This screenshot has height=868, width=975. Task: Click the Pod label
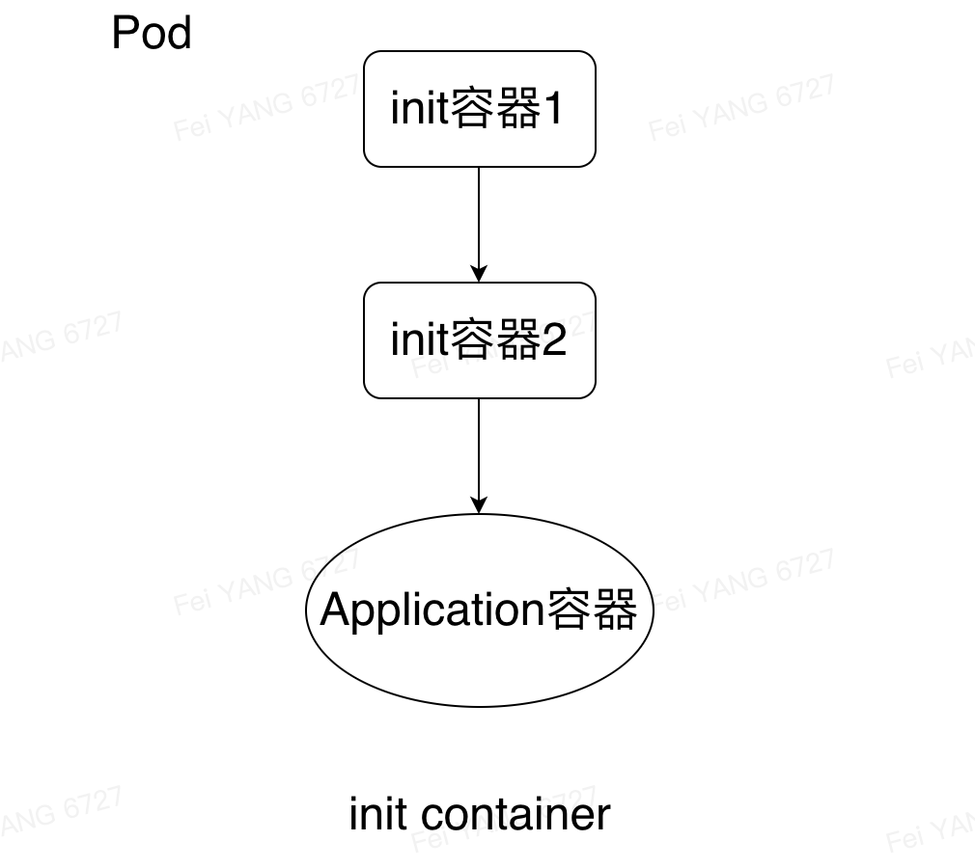pos(152,34)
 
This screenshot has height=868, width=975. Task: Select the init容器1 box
pos(479,109)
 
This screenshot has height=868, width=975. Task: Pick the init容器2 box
pos(479,340)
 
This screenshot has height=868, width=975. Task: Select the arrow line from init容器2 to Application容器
pos(479,449)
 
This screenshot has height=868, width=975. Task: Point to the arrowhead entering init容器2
pos(479,275)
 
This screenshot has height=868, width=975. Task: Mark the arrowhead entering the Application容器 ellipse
pos(479,506)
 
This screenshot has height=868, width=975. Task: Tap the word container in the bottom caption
pos(516,815)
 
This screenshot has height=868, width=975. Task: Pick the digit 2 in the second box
pos(554,341)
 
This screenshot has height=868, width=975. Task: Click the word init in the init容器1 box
pos(419,110)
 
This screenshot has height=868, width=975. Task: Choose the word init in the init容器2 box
pos(419,341)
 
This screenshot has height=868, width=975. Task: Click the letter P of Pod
pos(124,34)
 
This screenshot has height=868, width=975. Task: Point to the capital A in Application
pos(334,610)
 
